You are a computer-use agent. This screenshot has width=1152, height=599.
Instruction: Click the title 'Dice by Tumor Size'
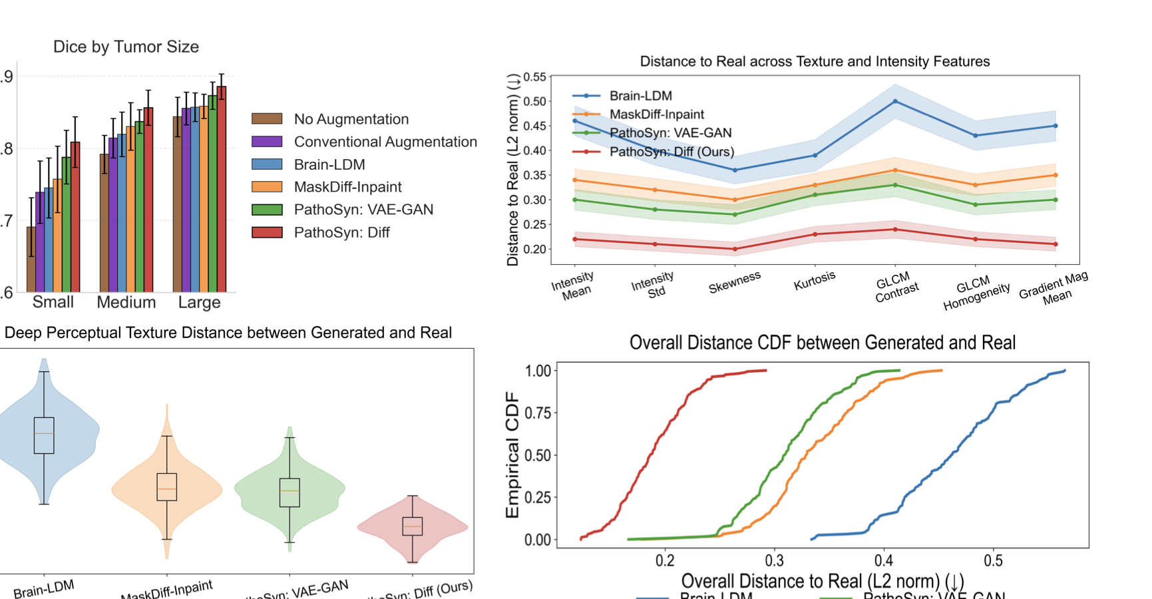(126, 47)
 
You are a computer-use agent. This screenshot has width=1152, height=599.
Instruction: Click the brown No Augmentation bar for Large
(178, 204)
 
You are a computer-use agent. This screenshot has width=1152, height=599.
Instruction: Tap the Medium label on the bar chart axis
(126, 302)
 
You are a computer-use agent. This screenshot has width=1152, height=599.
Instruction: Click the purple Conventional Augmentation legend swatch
(267, 142)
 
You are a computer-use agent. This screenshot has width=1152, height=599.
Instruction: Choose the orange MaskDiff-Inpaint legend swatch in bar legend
(267, 187)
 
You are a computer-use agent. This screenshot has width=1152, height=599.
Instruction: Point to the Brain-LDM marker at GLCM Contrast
(895, 101)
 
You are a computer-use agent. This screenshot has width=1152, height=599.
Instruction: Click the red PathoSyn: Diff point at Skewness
(735, 249)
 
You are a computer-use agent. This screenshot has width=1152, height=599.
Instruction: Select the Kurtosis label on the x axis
(814, 281)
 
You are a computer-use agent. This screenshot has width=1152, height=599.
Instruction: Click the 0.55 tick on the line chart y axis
(534, 77)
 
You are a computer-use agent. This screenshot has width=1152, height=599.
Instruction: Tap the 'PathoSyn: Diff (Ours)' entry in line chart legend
(672, 152)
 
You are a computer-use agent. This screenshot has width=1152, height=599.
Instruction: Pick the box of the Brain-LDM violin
(44, 435)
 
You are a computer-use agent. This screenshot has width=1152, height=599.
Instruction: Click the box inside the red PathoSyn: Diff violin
(413, 526)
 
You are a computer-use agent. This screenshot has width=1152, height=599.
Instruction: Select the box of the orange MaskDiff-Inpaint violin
(166, 487)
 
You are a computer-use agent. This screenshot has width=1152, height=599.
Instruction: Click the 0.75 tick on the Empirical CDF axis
(538, 413)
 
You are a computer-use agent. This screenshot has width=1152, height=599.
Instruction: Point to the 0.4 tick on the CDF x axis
(884, 560)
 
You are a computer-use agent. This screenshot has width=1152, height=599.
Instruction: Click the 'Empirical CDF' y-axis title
(512, 455)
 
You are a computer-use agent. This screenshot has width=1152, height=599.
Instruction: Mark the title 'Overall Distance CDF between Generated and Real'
(822, 343)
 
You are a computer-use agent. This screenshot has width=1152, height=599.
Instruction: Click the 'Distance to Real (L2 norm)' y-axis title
(512, 170)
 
